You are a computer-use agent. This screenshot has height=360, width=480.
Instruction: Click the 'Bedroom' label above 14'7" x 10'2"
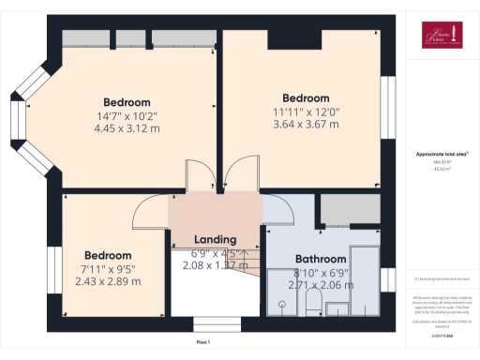(x=127, y=102)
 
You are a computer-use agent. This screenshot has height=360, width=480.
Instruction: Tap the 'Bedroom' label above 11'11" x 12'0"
(x=306, y=97)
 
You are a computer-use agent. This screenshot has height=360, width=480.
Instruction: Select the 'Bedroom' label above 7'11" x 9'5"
(x=109, y=255)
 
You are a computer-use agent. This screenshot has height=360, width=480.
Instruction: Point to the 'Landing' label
(x=214, y=240)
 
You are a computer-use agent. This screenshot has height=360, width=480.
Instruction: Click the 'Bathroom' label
(x=321, y=259)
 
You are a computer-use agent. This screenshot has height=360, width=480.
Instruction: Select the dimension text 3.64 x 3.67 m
(x=306, y=125)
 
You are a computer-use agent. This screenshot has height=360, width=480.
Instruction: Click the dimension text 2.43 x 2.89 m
(x=109, y=281)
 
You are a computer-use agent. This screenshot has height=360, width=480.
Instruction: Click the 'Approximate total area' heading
(x=436, y=153)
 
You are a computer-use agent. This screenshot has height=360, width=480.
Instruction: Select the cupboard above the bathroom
(x=347, y=212)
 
